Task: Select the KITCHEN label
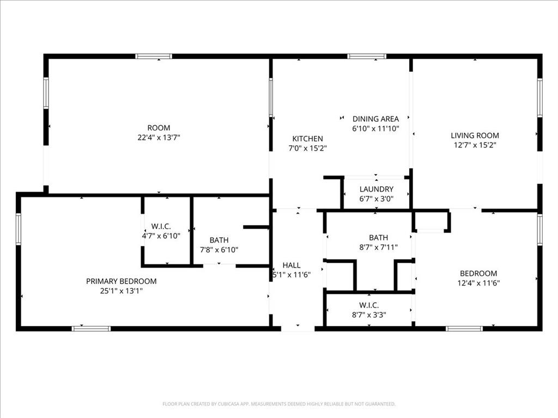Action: point(307,139)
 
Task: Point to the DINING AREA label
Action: point(375,119)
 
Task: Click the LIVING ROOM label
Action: point(474,136)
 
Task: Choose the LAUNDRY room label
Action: point(376,189)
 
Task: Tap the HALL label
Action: point(292,265)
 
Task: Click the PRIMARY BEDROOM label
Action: point(121,281)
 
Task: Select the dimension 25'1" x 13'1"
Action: point(121,291)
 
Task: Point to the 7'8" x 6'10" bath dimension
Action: point(219,250)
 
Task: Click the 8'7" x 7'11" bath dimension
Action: point(378,247)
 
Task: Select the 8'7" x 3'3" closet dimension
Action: point(369,315)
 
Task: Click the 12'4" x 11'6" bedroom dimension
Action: point(478,283)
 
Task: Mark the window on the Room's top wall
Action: point(154,56)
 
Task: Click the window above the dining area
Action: point(367,56)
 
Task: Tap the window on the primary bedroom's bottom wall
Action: point(91,328)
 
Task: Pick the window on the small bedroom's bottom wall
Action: point(464,328)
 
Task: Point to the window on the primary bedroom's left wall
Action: point(19,229)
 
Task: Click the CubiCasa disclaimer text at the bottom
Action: point(278,404)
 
